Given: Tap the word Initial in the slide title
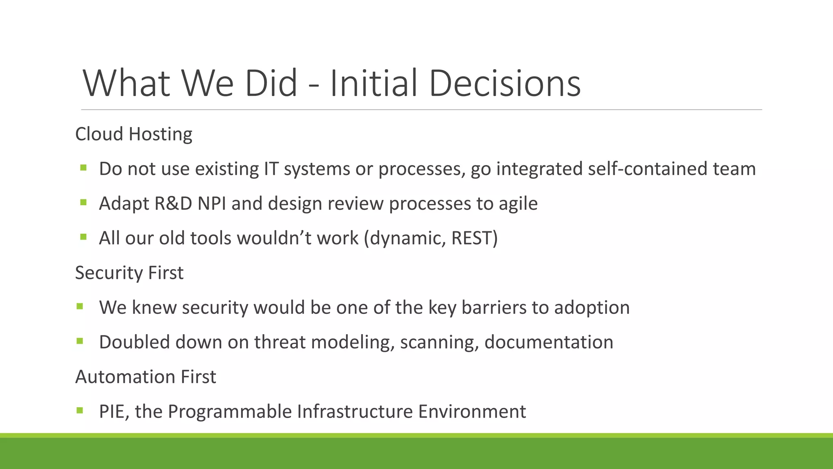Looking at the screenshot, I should (x=373, y=83).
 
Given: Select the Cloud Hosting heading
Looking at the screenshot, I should (x=133, y=134).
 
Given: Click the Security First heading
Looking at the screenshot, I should (x=129, y=273).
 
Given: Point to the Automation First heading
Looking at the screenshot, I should (x=145, y=377).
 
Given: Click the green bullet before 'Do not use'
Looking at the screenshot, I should (x=83, y=167).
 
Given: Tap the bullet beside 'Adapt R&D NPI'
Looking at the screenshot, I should (x=83, y=202).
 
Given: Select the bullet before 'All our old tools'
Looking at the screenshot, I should (x=83, y=237).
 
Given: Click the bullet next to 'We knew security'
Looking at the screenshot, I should (x=79, y=306).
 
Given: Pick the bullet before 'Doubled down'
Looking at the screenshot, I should (x=79, y=340).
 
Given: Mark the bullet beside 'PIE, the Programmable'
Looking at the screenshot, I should (x=79, y=410).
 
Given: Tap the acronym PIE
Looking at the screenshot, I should (x=113, y=412).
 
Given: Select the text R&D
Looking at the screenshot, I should (x=173, y=204).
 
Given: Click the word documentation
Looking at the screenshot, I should (x=549, y=342).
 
